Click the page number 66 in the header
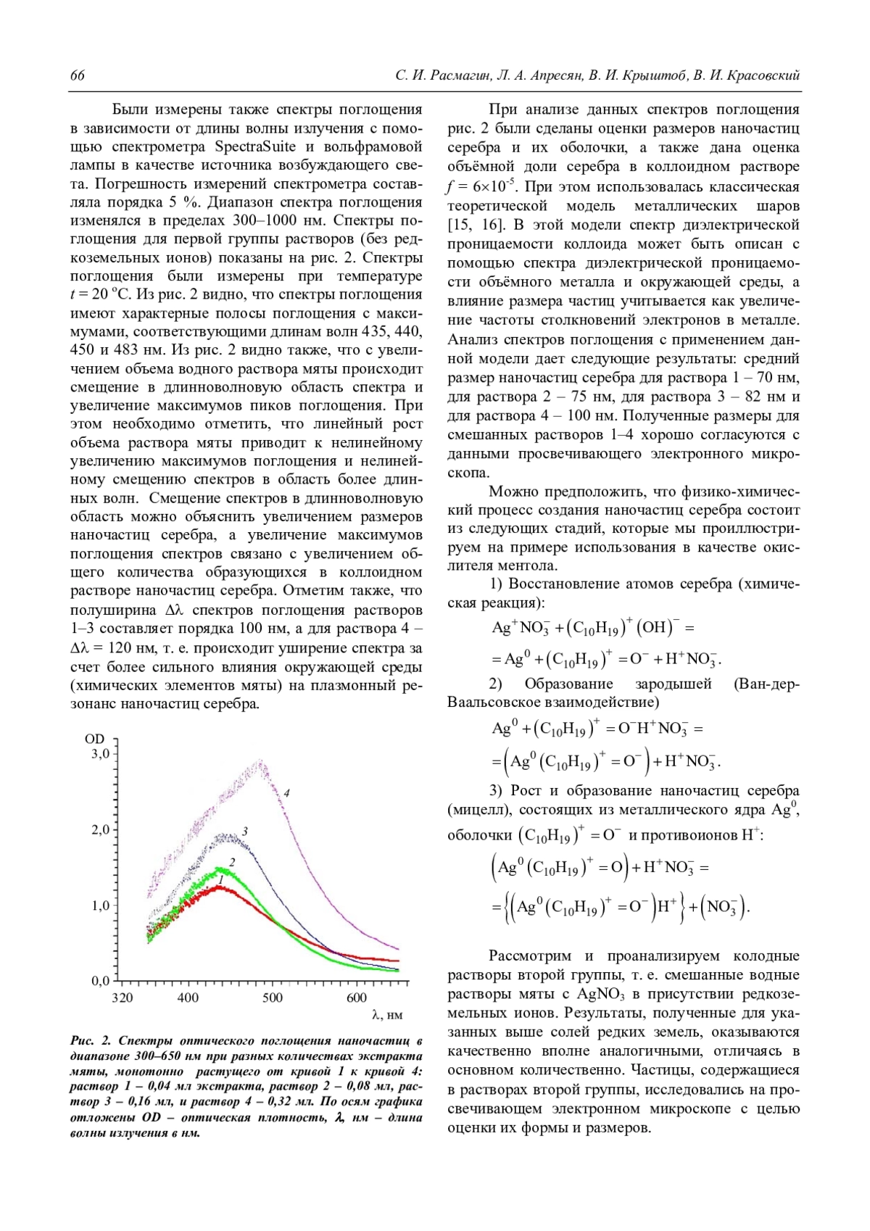pos(78,76)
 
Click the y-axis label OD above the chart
pos(95,739)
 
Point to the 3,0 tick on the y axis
pos(100,753)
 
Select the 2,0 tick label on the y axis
pos(100,829)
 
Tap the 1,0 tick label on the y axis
pos(100,905)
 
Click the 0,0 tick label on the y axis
pos(100,981)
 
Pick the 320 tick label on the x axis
pos(123,998)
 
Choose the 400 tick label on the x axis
pos(188,998)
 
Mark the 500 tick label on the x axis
pos(273,998)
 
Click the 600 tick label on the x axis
pos(357,998)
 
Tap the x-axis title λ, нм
pos(387,1014)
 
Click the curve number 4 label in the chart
pos(286,793)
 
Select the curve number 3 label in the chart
pos(246,832)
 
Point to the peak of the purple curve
pos(260,761)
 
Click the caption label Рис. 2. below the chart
pos(91,1041)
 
